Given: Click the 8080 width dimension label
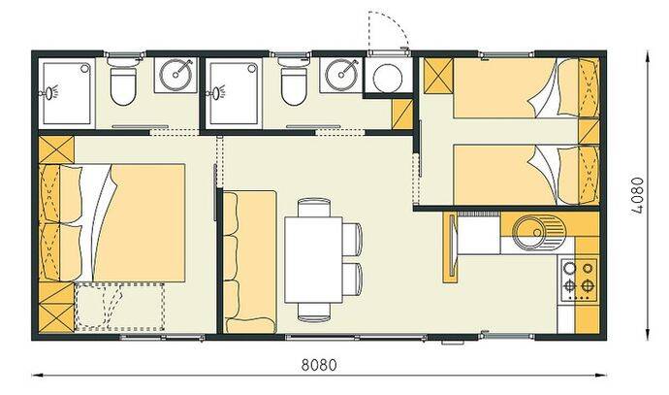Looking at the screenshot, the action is pos(319,365).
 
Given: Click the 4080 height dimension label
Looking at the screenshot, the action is pos(637,195).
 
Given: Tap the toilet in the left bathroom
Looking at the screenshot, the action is pos(123,83).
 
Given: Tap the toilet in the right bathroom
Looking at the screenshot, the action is pos(294,83).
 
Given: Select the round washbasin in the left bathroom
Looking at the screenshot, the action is pos(175,75).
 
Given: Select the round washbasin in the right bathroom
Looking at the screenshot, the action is pos(341,75).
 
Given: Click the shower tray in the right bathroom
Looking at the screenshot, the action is pos(235,93).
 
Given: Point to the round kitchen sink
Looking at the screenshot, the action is pos(539,232).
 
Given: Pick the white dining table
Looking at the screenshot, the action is pos(313,259).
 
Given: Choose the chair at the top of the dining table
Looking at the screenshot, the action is pos(314,208).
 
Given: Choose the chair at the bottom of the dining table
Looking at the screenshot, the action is pos(314,312).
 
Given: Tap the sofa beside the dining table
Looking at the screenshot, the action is pos(249,262).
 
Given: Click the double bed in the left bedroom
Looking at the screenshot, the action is pos(112,222).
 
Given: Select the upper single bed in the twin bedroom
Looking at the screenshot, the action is pos(526,88).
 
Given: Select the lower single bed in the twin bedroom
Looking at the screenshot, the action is pos(526,175).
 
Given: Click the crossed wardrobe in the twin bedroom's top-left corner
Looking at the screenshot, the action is pos(438,76).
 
